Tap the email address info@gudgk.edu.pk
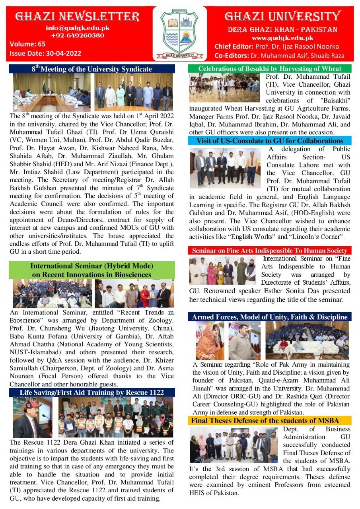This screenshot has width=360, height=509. click(x=78, y=28)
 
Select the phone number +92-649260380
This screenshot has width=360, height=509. click(x=78, y=35)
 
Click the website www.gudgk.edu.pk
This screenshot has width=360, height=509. click(x=282, y=38)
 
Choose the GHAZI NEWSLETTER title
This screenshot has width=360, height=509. click(x=78, y=16)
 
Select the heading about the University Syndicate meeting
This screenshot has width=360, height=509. click(x=92, y=69)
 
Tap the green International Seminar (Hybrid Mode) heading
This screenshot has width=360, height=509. click(x=91, y=270)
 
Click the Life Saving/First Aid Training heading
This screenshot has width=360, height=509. click(x=92, y=392)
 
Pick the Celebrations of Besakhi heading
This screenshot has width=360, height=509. click(x=270, y=69)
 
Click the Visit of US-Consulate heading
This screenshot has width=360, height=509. click(x=270, y=141)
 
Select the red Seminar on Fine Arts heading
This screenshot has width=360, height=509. click(x=270, y=251)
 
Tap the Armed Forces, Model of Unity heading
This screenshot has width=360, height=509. click(x=270, y=317)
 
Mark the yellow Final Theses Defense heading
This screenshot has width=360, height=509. click(x=270, y=420)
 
